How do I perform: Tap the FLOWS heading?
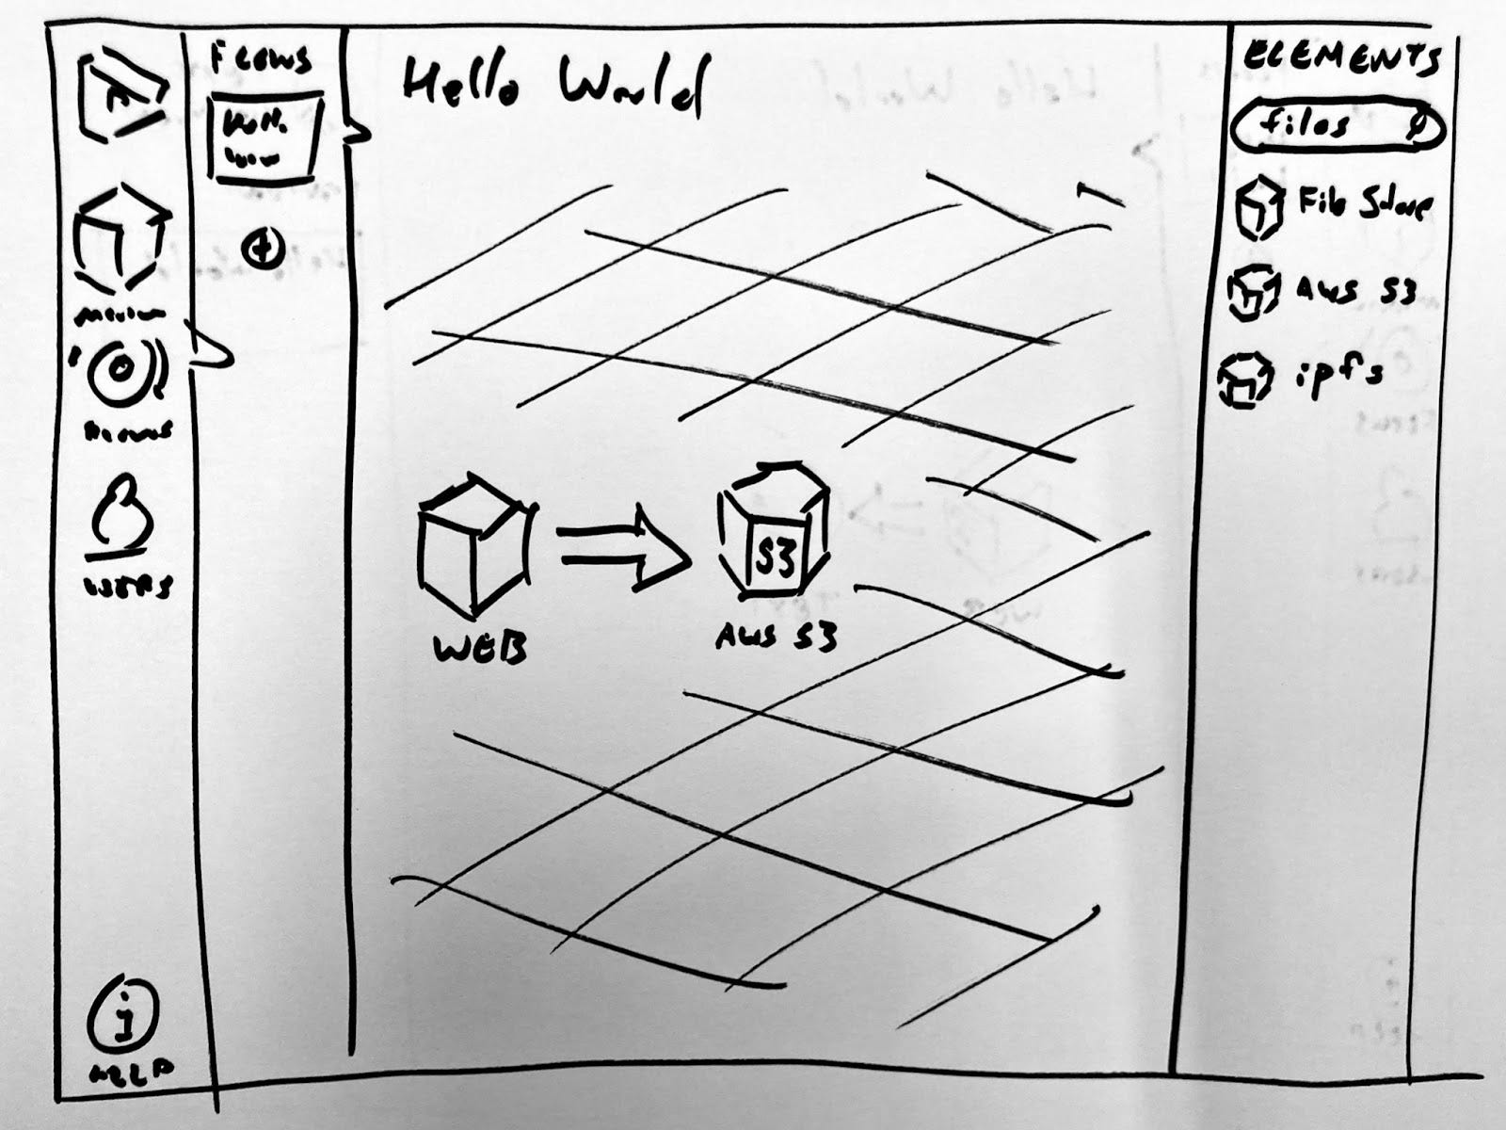click(260, 58)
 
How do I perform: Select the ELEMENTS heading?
click(1342, 58)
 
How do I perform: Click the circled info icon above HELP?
click(123, 1020)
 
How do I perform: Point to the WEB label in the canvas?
click(479, 650)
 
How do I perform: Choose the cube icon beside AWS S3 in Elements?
click(1253, 292)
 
